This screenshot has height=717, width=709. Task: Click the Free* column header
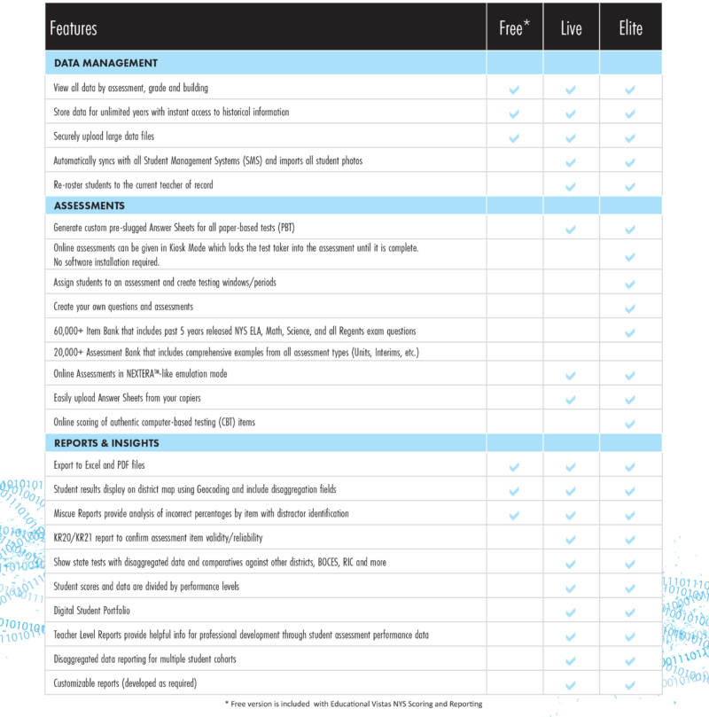pyautogui.click(x=514, y=28)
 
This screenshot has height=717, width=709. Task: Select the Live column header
pyautogui.click(x=571, y=28)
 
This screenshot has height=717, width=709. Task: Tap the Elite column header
pyautogui.click(x=630, y=28)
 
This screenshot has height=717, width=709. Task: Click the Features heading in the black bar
pyautogui.click(x=74, y=28)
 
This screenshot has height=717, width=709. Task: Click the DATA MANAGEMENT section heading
pyautogui.click(x=105, y=63)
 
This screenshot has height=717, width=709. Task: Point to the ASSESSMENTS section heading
pyautogui.click(x=90, y=205)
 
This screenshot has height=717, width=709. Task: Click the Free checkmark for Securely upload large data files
pyautogui.click(x=514, y=137)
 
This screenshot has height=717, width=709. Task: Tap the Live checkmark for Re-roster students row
pyautogui.click(x=571, y=186)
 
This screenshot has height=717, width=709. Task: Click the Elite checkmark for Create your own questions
pyautogui.click(x=630, y=308)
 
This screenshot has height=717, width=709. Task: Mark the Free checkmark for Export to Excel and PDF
pyautogui.click(x=514, y=466)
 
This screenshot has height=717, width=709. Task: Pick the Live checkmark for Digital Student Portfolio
pyautogui.click(x=571, y=612)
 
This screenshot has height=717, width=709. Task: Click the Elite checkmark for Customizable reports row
pyautogui.click(x=630, y=685)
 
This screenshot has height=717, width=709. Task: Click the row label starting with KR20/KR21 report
pyautogui.click(x=158, y=538)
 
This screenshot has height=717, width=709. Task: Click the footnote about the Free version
pyautogui.click(x=354, y=704)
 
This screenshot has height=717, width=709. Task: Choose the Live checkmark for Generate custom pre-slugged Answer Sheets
pyautogui.click(x=571, y=230)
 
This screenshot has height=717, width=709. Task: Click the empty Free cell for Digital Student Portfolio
pyautogui.click(x=514, y=612)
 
